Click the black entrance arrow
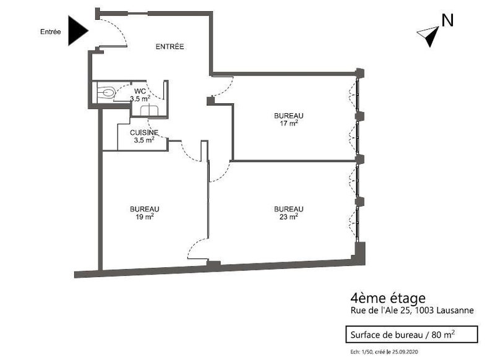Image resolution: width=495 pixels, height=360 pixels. pos(77,31)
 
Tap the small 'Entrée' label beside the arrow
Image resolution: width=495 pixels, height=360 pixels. pos(51,32)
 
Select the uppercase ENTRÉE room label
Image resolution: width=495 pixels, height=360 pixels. pos(170,46)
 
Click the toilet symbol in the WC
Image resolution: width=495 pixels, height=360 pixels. pos(106,92)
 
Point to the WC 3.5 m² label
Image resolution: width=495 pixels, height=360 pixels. pos(140,95)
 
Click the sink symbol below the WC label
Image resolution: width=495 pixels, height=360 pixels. pos(149,111)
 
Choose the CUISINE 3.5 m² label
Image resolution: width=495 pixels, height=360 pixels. pos(144,136)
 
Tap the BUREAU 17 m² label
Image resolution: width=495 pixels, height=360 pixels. pos(289,119)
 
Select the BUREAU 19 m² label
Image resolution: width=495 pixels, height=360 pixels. pos(145,213)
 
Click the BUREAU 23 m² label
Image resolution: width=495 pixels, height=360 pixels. pos(289,213)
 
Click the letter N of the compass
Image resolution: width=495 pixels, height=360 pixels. pos(447,20)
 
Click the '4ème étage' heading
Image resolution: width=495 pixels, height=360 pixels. pos(388,298)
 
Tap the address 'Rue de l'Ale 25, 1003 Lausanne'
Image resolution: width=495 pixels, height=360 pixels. pos(412,311)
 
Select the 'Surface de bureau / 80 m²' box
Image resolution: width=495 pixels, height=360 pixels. pos(411,335)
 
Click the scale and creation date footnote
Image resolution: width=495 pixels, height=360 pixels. pos(384,352)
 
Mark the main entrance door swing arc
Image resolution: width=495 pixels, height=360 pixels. pos(119,26)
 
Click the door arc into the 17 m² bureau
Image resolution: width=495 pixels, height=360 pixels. pos(227,88)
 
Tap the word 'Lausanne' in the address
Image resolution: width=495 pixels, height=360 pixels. pos(455,311)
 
